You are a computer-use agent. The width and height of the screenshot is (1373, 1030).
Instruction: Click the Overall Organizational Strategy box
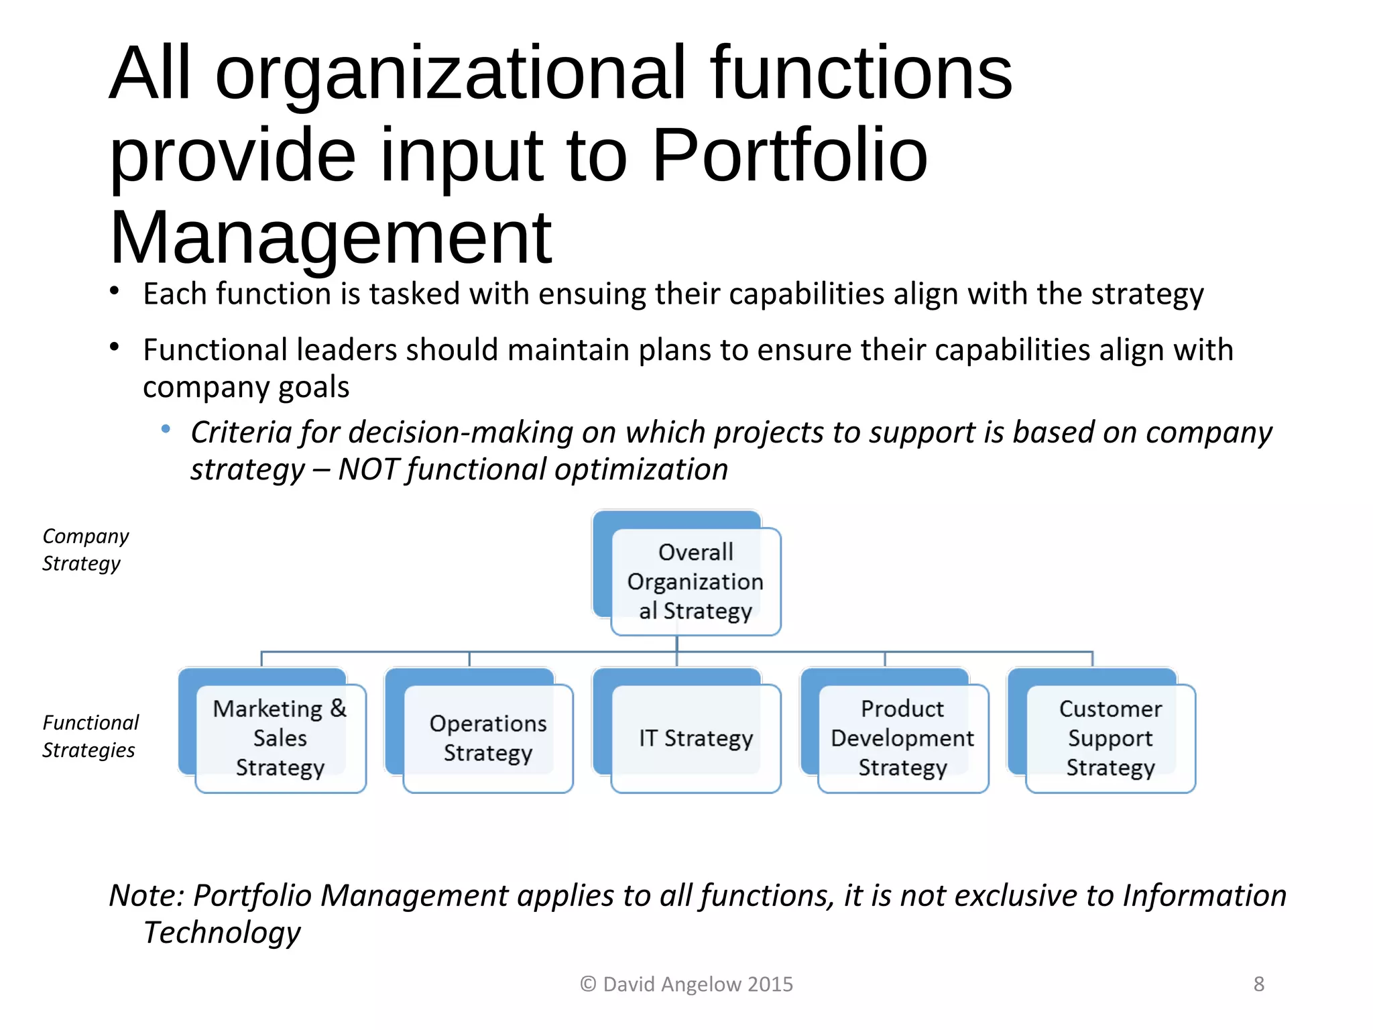695,581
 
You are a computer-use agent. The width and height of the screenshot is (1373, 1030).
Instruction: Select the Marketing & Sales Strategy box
280,738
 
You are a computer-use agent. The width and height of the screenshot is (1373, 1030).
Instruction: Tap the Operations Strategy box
488,738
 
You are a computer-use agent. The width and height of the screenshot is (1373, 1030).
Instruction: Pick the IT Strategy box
696,738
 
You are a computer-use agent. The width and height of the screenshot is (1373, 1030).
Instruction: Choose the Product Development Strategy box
902,738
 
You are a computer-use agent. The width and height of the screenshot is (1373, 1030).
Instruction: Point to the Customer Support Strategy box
1110,738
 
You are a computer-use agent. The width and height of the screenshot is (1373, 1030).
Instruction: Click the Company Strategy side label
84,550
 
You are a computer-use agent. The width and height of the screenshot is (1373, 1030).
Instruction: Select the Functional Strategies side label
90,736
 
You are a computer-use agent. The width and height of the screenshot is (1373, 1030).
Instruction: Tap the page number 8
1258,984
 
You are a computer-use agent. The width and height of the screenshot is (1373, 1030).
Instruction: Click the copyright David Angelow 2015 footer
686,984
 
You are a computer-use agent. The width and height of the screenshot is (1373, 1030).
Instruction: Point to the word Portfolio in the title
789,156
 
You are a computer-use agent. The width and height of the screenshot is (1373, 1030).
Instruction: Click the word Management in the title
331,237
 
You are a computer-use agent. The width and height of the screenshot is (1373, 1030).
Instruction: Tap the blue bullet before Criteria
166,429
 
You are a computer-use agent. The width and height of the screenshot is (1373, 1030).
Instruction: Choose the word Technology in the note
222,932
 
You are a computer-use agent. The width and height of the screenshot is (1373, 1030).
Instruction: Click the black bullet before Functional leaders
115,347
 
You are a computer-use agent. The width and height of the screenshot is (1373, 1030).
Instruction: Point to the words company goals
246,387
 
